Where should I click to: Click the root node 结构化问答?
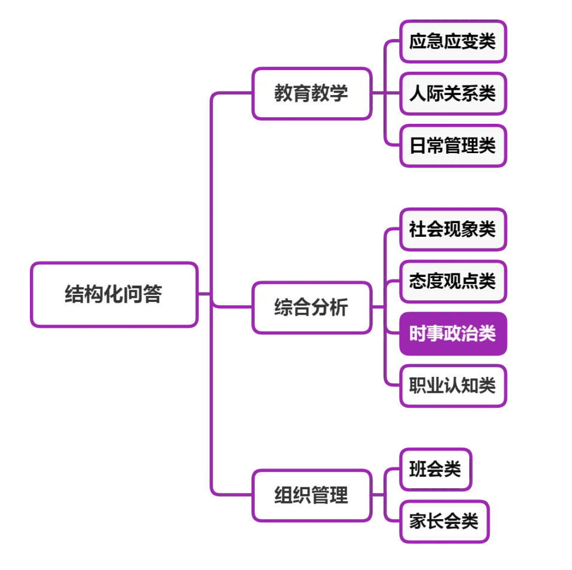pyautogui.click(x=114, y=295)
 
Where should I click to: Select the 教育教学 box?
pyautogui.click(x=311, y=94)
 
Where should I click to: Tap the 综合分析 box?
pyautogui.click(x=311, y=308)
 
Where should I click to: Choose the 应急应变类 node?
pyautogui.click(x=453, y=41)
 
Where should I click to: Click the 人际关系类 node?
pyautogui.click(x=453, y=93)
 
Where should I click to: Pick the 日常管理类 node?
pyautogui.click(x=453, y=145)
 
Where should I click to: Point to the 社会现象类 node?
pyautogui.click(x=453, y=228)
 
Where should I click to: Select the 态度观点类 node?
pyautogui.click(x=453, y=281)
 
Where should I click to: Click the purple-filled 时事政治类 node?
pyautogui.click(x=453, y=333)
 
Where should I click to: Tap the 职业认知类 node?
pyautogui.click(x=453, y=385)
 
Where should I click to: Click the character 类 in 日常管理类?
pyautogui.click(x=487, y=145)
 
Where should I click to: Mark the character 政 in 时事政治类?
pyautogui.click(x=452, y=333)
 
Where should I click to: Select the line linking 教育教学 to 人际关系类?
pyautogui.click(x=386, y=94)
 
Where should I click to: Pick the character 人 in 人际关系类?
pyautogui.click(x=418, y=93)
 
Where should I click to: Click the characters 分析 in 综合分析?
pyautogui.click(x=329, y=308)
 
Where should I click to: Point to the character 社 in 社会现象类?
pyautogui.click(x=418, y=228)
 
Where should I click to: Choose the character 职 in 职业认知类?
pyautogui.click(x=418, y=385)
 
